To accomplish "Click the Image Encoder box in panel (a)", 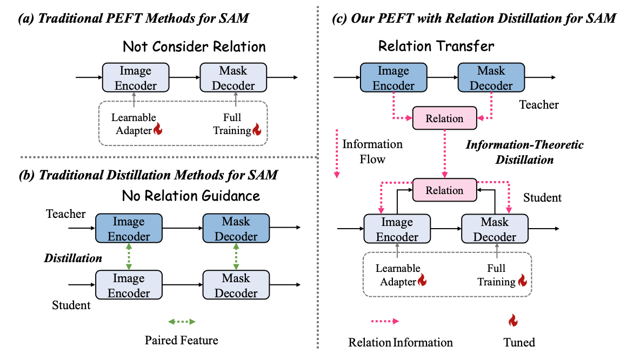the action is (x=136, y=78).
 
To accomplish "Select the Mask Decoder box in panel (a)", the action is (x=233, y=78).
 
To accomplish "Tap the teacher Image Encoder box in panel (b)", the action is (x=129, y=229).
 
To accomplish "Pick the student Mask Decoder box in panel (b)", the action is (x=236, y=285).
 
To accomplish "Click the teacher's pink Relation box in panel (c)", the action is (x=445, y=118).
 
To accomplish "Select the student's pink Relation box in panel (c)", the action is (x=445, y=190).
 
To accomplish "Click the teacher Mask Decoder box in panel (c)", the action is (x=491, y=78).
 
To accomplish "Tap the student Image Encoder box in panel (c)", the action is (x=397, y=229).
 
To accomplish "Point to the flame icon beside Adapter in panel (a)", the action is (x=158, y=129).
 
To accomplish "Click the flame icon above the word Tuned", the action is (x=513, y=321).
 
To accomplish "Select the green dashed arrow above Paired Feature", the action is (x=182, y=322).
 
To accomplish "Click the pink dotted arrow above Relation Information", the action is (x=385, y=321).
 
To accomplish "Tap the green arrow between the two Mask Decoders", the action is (x=236, y=257).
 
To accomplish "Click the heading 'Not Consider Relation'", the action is (x=195, y=46).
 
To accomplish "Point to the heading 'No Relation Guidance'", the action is (x=191, y=196).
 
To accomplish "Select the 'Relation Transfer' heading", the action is (x=436, y=46).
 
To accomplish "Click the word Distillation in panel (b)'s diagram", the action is (x=73, y=258).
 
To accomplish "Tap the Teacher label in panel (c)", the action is (x=539, y=105).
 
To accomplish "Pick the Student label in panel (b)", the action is (x=71, y=305).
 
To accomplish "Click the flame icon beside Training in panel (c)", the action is (x=522, y=281).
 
